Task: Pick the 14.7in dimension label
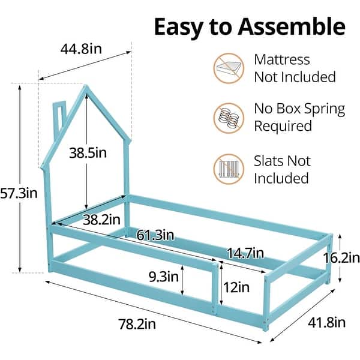pyautogui.click(x=245, y=253)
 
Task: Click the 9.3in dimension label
pyautogui.click(x=163, y=277)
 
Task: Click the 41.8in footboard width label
pyautogui.click(x=327, y=323)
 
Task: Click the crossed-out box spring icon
pyautogui.click(x=229, y=118)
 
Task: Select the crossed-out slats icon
pyautogui.click(x=229, y=169)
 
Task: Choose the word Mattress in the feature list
pyautogui.click(x=282, y=59)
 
